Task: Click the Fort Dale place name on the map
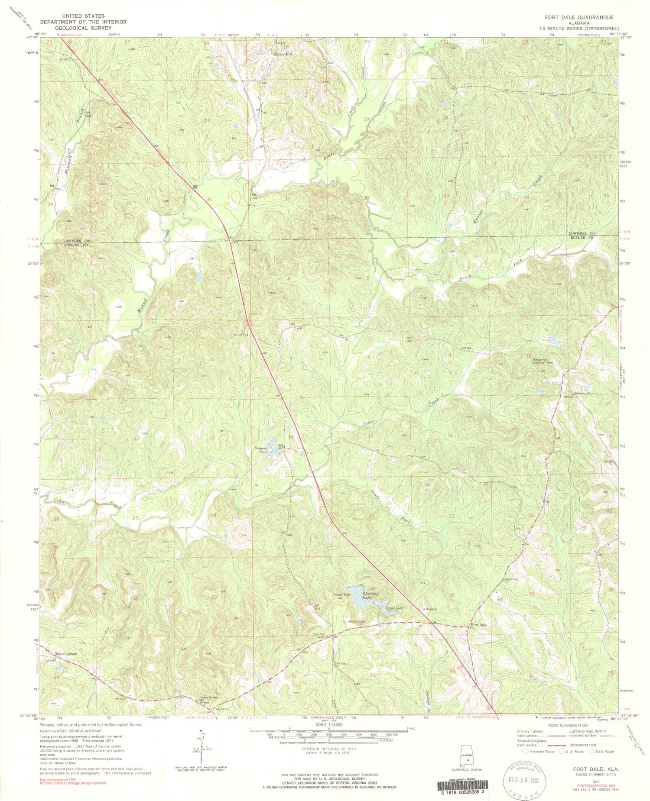479,625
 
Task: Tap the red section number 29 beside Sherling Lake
372,588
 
